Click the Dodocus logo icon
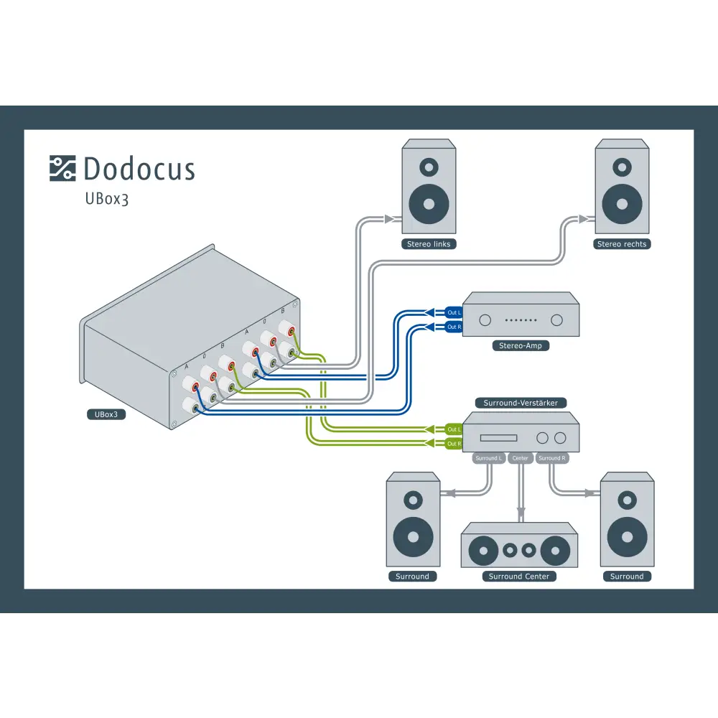62,168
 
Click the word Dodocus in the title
139,169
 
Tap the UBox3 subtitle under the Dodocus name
107,199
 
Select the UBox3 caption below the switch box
106,414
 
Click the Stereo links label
429,244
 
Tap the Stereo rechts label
622,244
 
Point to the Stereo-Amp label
521,345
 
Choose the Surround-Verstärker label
521,403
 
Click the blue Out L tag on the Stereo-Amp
454,312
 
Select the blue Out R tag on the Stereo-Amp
454,327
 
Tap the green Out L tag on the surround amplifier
454,429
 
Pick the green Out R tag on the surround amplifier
454,444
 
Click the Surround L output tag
489,458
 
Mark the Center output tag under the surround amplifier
521,458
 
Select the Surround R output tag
551,458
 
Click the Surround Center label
518,576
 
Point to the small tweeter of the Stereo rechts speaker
622,167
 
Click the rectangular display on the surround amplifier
498,437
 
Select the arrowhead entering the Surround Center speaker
521,515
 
